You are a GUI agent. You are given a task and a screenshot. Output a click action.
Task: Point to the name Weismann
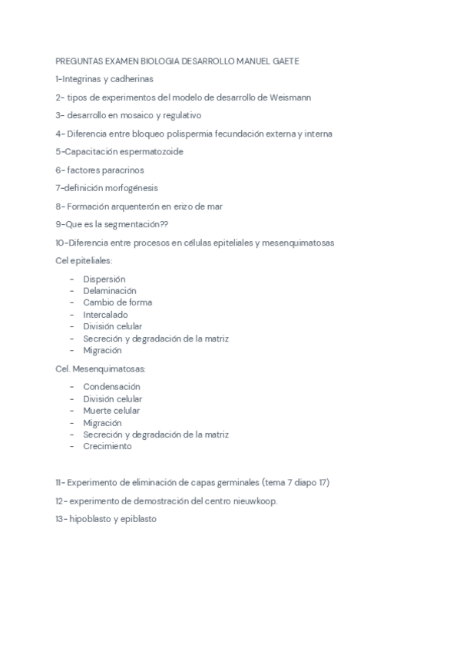[290, 97]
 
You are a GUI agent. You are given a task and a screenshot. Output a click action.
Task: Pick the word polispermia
[194, 134]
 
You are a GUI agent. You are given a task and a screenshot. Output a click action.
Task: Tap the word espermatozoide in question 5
[149, 152]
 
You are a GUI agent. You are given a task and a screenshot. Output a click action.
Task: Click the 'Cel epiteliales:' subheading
[84, 260]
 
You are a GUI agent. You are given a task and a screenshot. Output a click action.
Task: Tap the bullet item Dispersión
[104, 279]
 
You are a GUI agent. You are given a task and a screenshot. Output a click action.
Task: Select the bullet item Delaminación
[109, 291]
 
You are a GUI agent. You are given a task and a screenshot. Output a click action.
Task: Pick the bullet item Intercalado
[105, 315]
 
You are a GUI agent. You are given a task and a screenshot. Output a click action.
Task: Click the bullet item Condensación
[111, 387]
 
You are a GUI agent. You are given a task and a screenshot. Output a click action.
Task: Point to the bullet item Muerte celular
[111, 411]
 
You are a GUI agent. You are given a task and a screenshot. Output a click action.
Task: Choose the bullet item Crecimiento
[107, 446]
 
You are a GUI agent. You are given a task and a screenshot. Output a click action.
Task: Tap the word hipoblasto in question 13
[91, 519]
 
